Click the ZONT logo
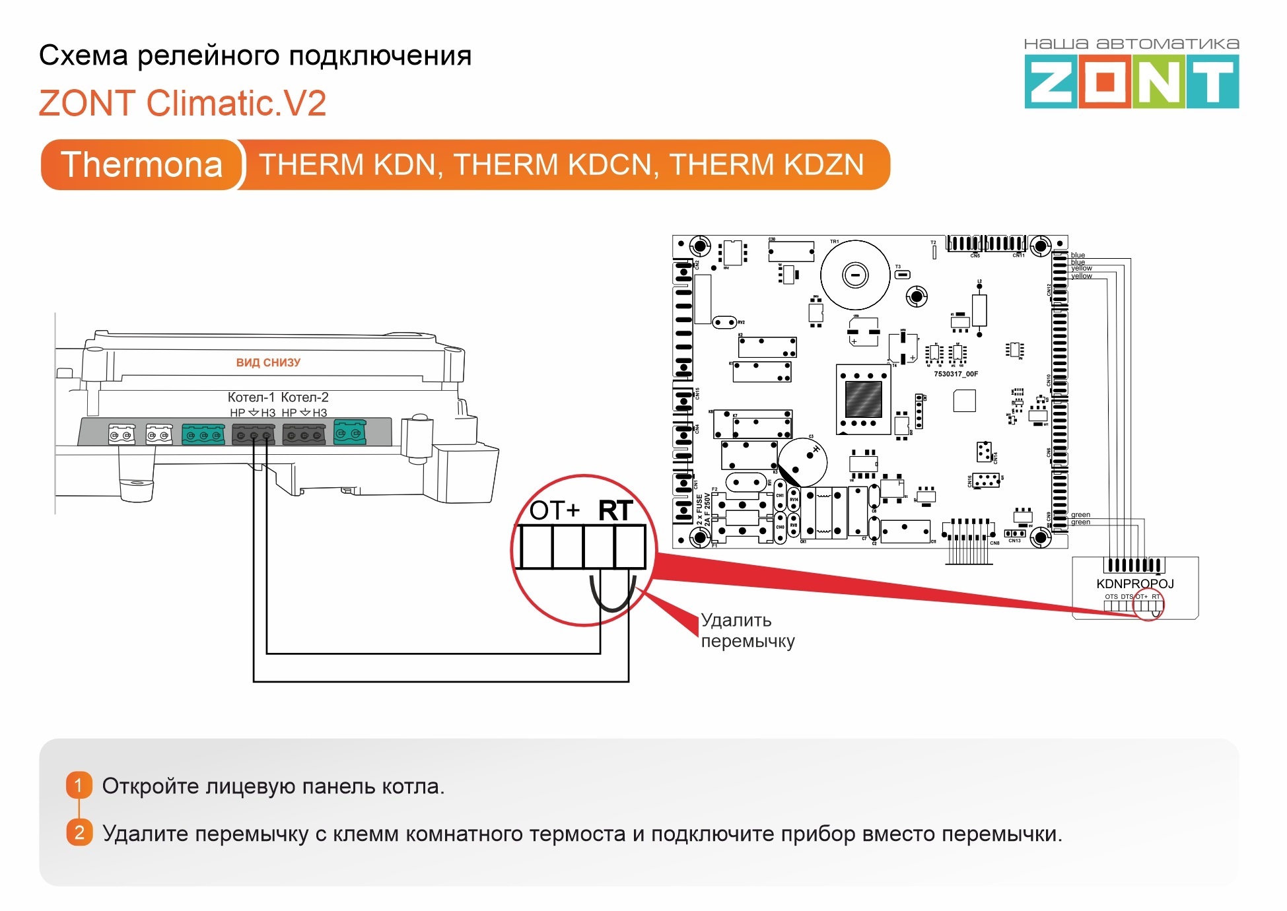pyautogui.click(x=1131, y=81)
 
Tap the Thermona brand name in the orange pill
pyautogui.click(x=141, y=164)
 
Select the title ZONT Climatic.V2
pyautogui.click(x=182, y=103)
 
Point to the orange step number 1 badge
pyautogui.click(x=79, y=786)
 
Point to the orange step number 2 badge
pyautogui.click(x=79, y=832)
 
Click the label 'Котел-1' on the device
pyautogui.click(x=251, y=397)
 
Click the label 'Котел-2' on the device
pyautogui.click(x=304, y=397)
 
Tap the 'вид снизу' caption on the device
pyautogui.click(x=268, y=362)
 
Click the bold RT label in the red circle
pyautogui.click(x=615, y=510)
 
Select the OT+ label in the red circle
pyautogui.click(x=554, y=510)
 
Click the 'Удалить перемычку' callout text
pyautogui.click(x=748, y=630)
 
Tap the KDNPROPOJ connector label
pyautogui.click(x=1134, y=584)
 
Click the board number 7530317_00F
pyautogui.click(x=956, y=374)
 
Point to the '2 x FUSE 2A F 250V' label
pyautogui.click(x=703, y=508)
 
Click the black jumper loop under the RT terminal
pyautogui.click(x=613, y=597)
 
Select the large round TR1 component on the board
pyautogui.click(x=855, y=275)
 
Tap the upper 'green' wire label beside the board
pyautogui.click(x=1080, y=514)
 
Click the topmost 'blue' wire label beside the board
pyautogui.click(x=1078, y=255)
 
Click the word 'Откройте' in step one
pyautogui.click(x=150, y=786)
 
